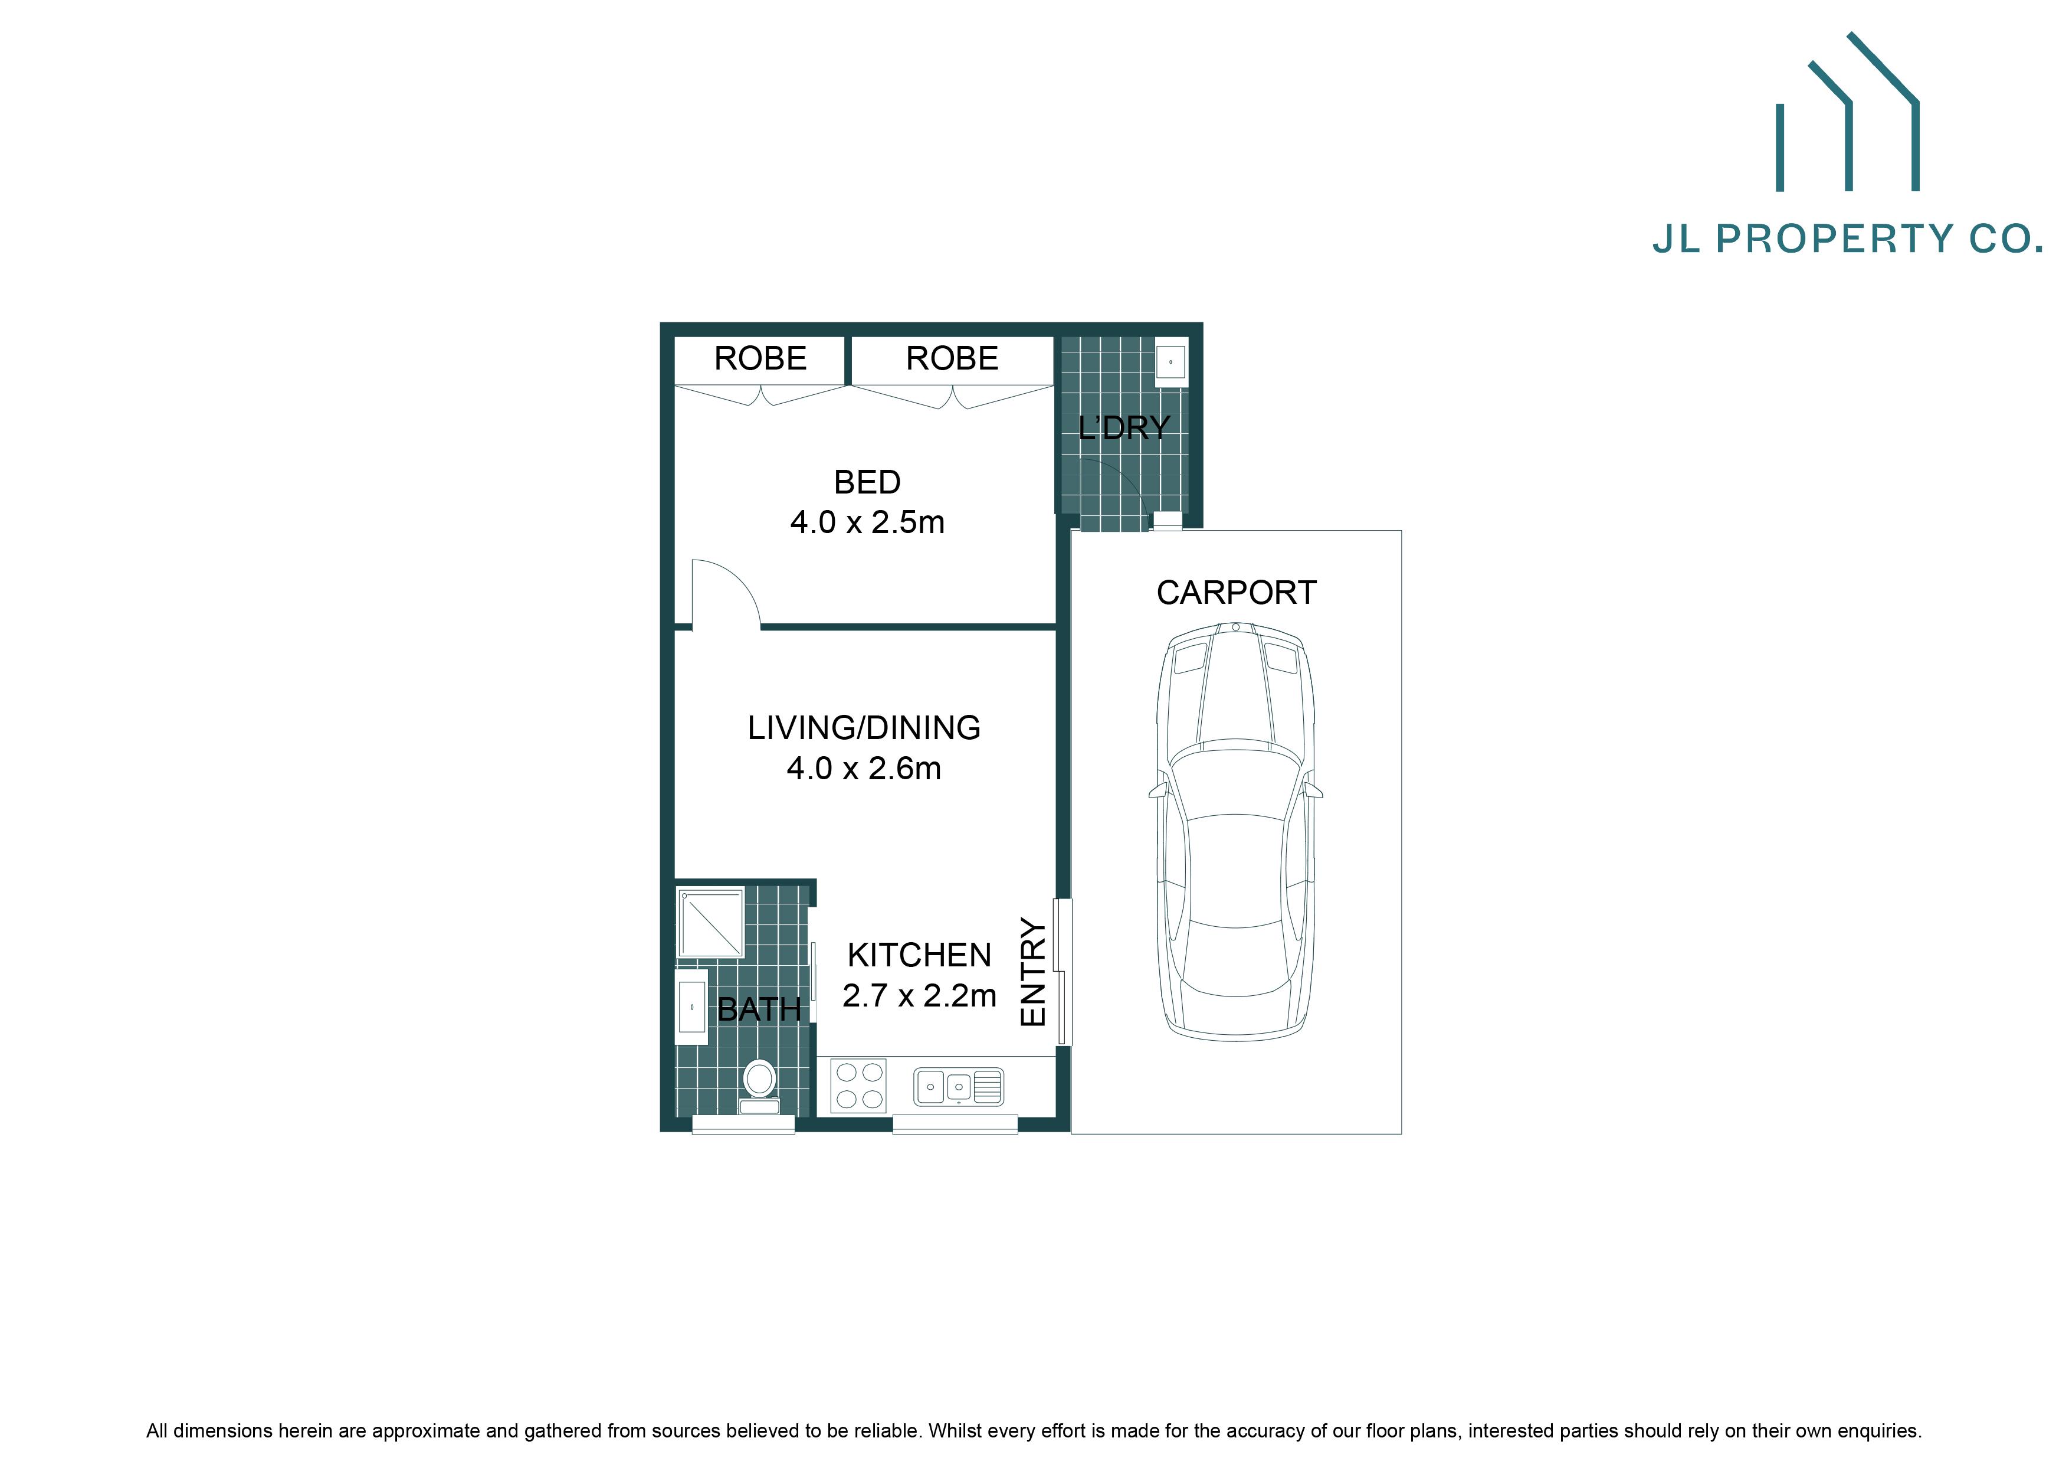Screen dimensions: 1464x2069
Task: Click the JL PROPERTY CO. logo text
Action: pos(1847,239)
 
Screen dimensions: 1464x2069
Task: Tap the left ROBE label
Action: pos(760,359)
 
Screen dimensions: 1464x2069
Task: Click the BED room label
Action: pos(867,482)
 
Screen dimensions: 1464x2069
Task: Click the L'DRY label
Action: pos(1124,427)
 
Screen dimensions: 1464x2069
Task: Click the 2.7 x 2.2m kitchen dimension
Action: pos(919,995)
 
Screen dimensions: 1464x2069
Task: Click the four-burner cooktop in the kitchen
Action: pos(858,1086)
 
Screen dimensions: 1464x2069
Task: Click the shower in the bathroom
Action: pos(711,923)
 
